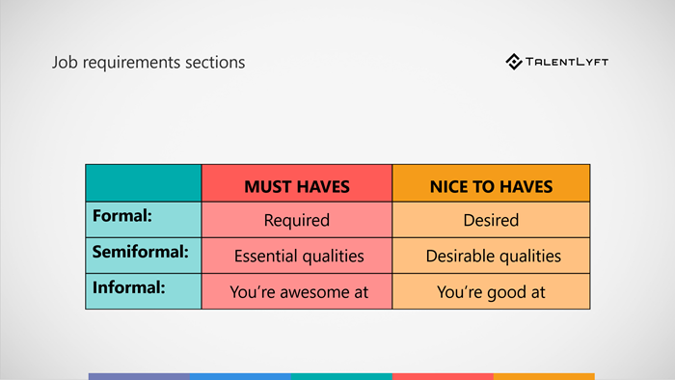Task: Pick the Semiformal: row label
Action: pyautogui.click(x=139, y=254)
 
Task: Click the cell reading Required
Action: pyautogui.click(x=296, y=220)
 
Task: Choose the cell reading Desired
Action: pyautogui.click(x=491, y=220)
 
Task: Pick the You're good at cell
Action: pyautogui.click(x=491, y=291)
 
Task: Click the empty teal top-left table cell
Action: pyautogui.click(x=143, y=183)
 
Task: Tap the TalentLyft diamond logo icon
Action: pyautogui.click(x=514, y=62)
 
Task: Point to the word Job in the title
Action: pyautogui.click(x=63, y=63)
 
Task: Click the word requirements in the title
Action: pyautogui.click(x=130, y=64)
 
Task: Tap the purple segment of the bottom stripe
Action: pyautogui.click(x=139, y=376)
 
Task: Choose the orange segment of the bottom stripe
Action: pyautogui.click(x=544, y=376)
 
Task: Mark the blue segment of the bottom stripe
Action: pyautogui.click(x=240, y=376)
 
